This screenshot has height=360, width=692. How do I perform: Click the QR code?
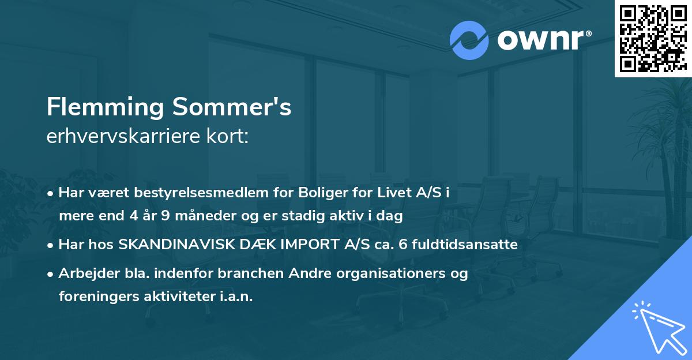point(653,38)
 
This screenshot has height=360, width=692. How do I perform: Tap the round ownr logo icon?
point(468,40)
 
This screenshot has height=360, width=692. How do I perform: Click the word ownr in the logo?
point(539,40)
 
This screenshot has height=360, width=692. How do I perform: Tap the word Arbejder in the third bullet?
point(85,273)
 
